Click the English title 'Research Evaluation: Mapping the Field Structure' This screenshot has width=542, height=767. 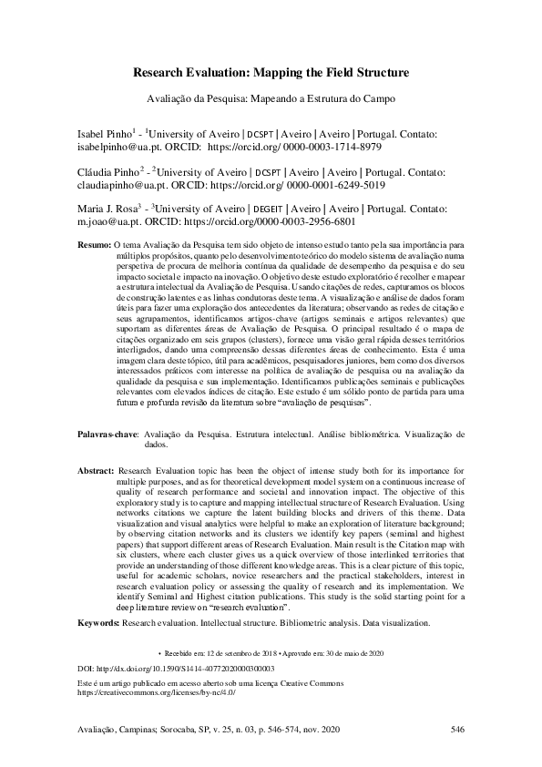coord(271,72)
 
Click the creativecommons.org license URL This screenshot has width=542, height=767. coord(157,692)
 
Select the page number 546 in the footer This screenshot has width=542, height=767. coord(457,729)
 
